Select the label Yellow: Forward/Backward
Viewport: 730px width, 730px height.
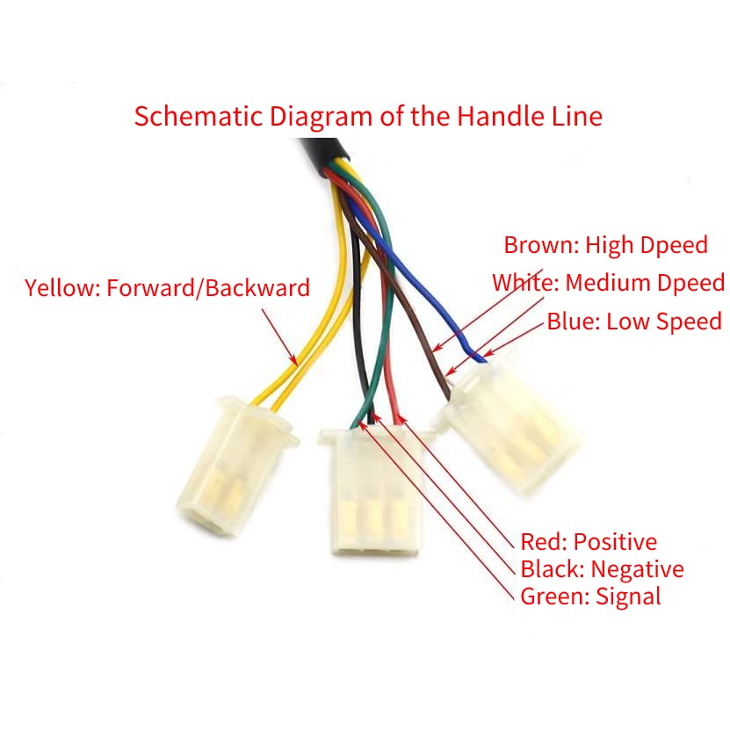click(x=167, y=288)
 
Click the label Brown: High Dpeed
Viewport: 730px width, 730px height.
click(x=605, y=245)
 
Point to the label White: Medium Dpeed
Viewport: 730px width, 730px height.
click(x=609, y=283)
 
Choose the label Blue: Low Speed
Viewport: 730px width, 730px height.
click(x=634, y=322)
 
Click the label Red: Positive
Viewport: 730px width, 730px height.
click(x=589, y=542)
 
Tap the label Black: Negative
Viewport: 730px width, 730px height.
click(x=602, y=569)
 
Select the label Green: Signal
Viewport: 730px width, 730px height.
click(x=590, y=596)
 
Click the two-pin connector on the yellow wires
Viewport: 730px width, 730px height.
click(x=236, y=466)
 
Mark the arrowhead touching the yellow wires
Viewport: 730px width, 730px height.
click(x=293, y=359)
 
